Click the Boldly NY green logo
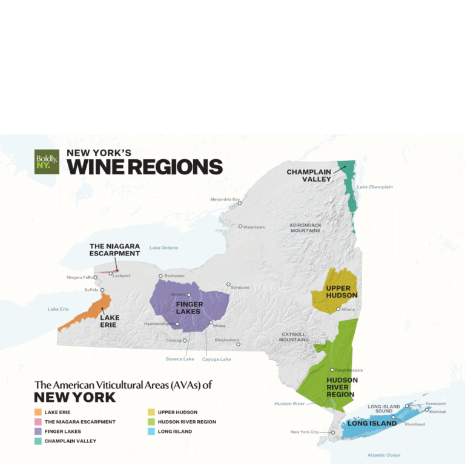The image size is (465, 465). coord(47,162)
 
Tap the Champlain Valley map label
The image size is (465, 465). coord(309,175)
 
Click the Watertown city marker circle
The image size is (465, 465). coord(240,226)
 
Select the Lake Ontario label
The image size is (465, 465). coord(163,248)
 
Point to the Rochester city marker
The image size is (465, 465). coord(160,276)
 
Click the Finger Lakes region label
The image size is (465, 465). coord(188,308)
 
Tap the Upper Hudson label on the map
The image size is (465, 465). coord(341,291)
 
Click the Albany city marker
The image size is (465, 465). coord(338,309)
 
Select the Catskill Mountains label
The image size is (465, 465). coord(295,337)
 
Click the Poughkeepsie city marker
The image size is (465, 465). coord(332,370)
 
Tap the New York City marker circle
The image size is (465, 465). coord(332,432)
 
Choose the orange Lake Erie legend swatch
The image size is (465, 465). coord(38,412)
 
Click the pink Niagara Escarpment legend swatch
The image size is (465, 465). coord(38,422)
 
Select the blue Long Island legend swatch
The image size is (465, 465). coord(151,432)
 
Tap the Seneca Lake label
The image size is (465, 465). coord(180,359)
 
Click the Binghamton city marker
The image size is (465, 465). coord(238,345)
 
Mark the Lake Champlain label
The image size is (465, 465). coord(374,187)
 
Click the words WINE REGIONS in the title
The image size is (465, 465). coord(145,167)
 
